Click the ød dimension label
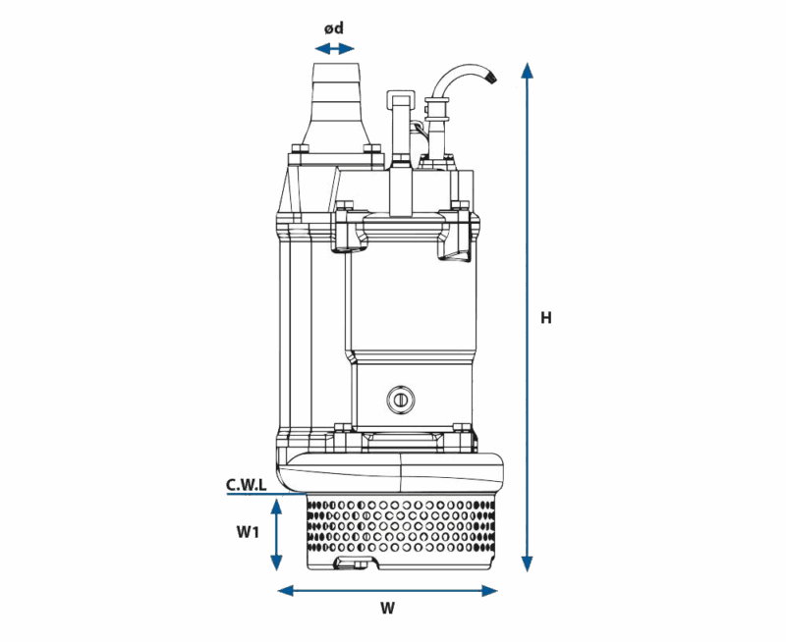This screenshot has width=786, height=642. [334, 27]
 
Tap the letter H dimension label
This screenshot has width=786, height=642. [546, 318]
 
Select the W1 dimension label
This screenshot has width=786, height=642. [247, 532]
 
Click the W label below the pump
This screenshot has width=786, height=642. [387, 609]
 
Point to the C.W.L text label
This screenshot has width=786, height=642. [246, 484]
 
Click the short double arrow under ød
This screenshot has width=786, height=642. [335, 47]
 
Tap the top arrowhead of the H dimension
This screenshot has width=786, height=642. [528, 71]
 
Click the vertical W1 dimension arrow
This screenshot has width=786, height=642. [277, 533]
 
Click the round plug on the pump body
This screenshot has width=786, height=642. [400, 398]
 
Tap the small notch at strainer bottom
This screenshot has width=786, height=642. [353, 563]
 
